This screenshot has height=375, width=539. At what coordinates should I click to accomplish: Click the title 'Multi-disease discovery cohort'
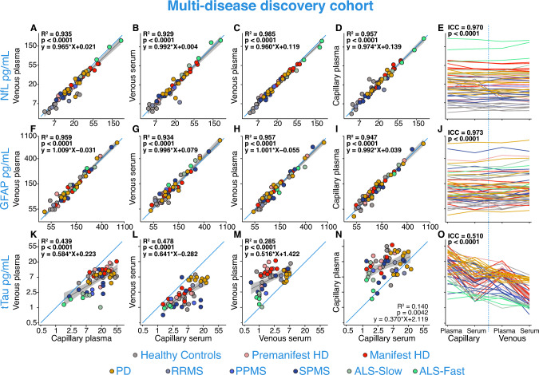point(269,9)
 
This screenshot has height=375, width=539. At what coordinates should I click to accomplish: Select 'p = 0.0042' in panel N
point(400,305)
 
